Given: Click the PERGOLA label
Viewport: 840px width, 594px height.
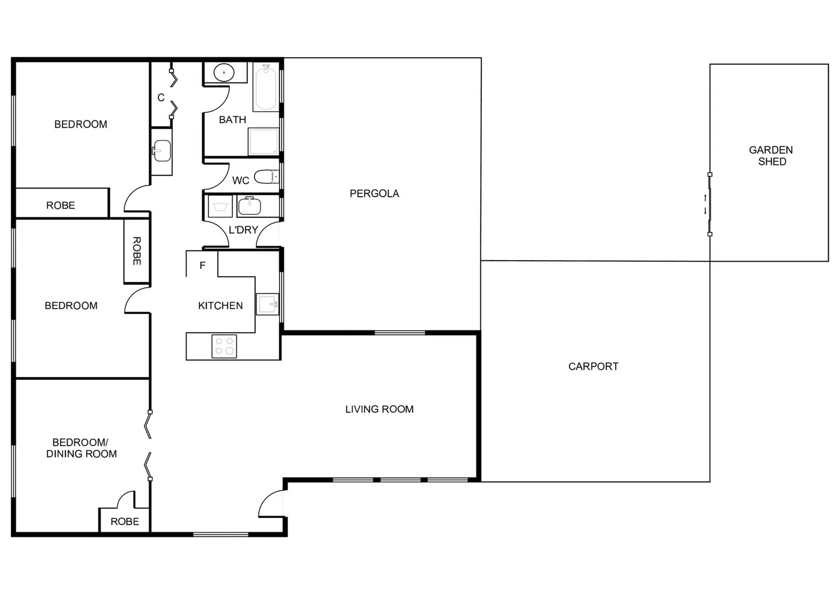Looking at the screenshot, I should (x=374, y=194).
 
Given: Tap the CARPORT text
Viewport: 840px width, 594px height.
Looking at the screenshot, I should (x=593, y=366).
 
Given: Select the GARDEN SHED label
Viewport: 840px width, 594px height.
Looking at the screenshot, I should (x=771, y=156).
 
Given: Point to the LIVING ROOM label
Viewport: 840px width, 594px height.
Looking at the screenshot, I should (x=379, y=409).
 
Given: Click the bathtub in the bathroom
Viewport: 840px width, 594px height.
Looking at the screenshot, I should (x=266, y=87).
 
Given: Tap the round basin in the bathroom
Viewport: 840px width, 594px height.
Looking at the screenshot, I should (x=224, y=73).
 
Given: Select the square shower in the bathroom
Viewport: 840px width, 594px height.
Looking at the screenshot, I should (x=263, y=142).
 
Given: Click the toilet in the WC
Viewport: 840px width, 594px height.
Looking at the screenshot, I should (x=267, y=177).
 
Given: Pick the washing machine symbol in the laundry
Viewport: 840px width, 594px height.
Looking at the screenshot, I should (x=220, y=207).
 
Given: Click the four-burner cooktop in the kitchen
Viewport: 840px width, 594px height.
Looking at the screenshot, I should (x=224, y=346).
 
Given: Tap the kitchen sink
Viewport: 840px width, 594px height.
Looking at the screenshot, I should (x=268, y=304).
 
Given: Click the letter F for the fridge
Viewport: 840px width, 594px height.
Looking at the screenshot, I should (x=202, y=266).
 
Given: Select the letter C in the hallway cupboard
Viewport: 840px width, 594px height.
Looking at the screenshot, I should (x=161, y=98).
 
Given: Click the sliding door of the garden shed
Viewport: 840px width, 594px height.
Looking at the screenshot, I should (x=710, y=205).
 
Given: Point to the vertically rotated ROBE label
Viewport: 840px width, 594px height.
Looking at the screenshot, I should (x=136, y=251).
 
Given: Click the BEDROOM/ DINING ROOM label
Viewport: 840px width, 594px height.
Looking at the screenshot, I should (x=81, y=448).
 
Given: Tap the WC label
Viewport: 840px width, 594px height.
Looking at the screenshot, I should (x=240, y=180).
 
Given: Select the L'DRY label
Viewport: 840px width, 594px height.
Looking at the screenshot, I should (x=243, y=230).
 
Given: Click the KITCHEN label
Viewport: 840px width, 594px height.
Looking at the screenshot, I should (x=220, y=306).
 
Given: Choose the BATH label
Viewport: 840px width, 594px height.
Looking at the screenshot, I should (x=232, y=120).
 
